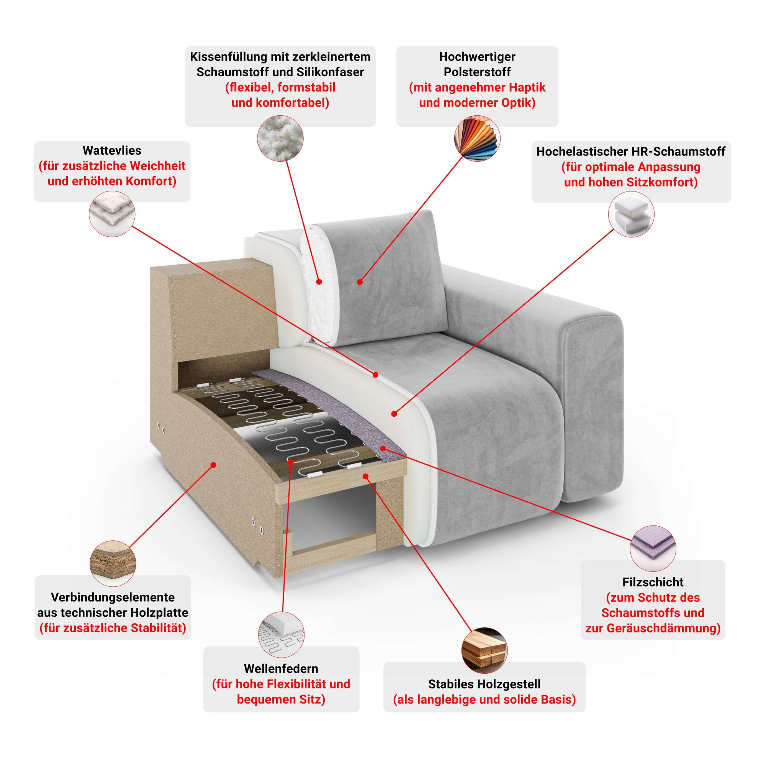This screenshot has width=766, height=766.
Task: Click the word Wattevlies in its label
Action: pyautogui.click(x=112, y=151)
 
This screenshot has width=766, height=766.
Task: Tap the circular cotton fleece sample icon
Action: pyautogui.click(x=112, y=214)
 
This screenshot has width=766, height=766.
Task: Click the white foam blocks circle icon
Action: pyautogui.click(x=631, y=214)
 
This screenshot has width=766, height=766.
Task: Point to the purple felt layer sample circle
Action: pyautogui.click(x=653, y=549)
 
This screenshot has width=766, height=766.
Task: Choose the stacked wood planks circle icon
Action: pyautogui.click(x=484, y=650)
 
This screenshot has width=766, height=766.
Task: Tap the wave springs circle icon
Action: pyautogui.click(x=281, y=634)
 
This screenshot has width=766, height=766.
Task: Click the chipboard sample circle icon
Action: pyautogui.click(x=113, y=563)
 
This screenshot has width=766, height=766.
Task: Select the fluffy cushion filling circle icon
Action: pyautogui.click(x=280, y=138)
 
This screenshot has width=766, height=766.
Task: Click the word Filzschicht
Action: pyautogui.click(x=653, y=582)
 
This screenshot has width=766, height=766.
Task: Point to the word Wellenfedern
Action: pyautogui.click(x=281, y=668)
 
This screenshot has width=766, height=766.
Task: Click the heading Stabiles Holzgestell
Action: pyautogui.click(x=484, y=684)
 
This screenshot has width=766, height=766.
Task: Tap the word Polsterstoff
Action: pyautogui.click(x=477, y=72)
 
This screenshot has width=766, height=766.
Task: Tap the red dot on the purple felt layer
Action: pyautogui.click(x=383, y=448)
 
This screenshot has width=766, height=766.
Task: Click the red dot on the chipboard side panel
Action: pyautogui.click(x=213, y=465)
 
